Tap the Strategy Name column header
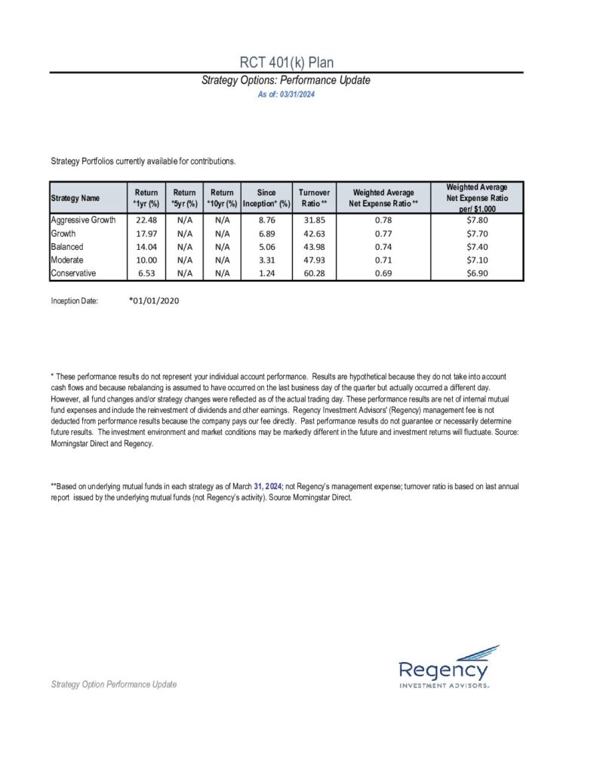pyautogui.click(x=75, y=199)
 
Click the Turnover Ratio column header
pyautogui.click(x=314, y=199)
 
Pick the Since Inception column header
pyautogui.click(x=266, y=199)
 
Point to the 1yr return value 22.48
pyautogui.click(x=146, y=220)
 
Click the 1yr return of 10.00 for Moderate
pyautogui.click(x=146, y=260)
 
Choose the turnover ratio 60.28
pyautogui.click(x=314, y=273)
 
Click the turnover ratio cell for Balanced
pyautogui.click(x=314, y=247)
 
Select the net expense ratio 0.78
pyautogui.click(x=385, y=220)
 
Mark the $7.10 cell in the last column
pyautogui.click(x=476, y=260)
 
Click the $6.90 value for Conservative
pyautogui.click(x=476, y=273)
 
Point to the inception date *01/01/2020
pyautogui.click(x=154, y=300)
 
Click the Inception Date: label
pyautogui.click(x=74, y=301)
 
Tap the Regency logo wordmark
pyautogui.click(x=443, y=670)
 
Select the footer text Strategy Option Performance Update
pyautogui.click(x=113, y=684)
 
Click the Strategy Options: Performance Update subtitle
pyautogui.click(x=286, y=80)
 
